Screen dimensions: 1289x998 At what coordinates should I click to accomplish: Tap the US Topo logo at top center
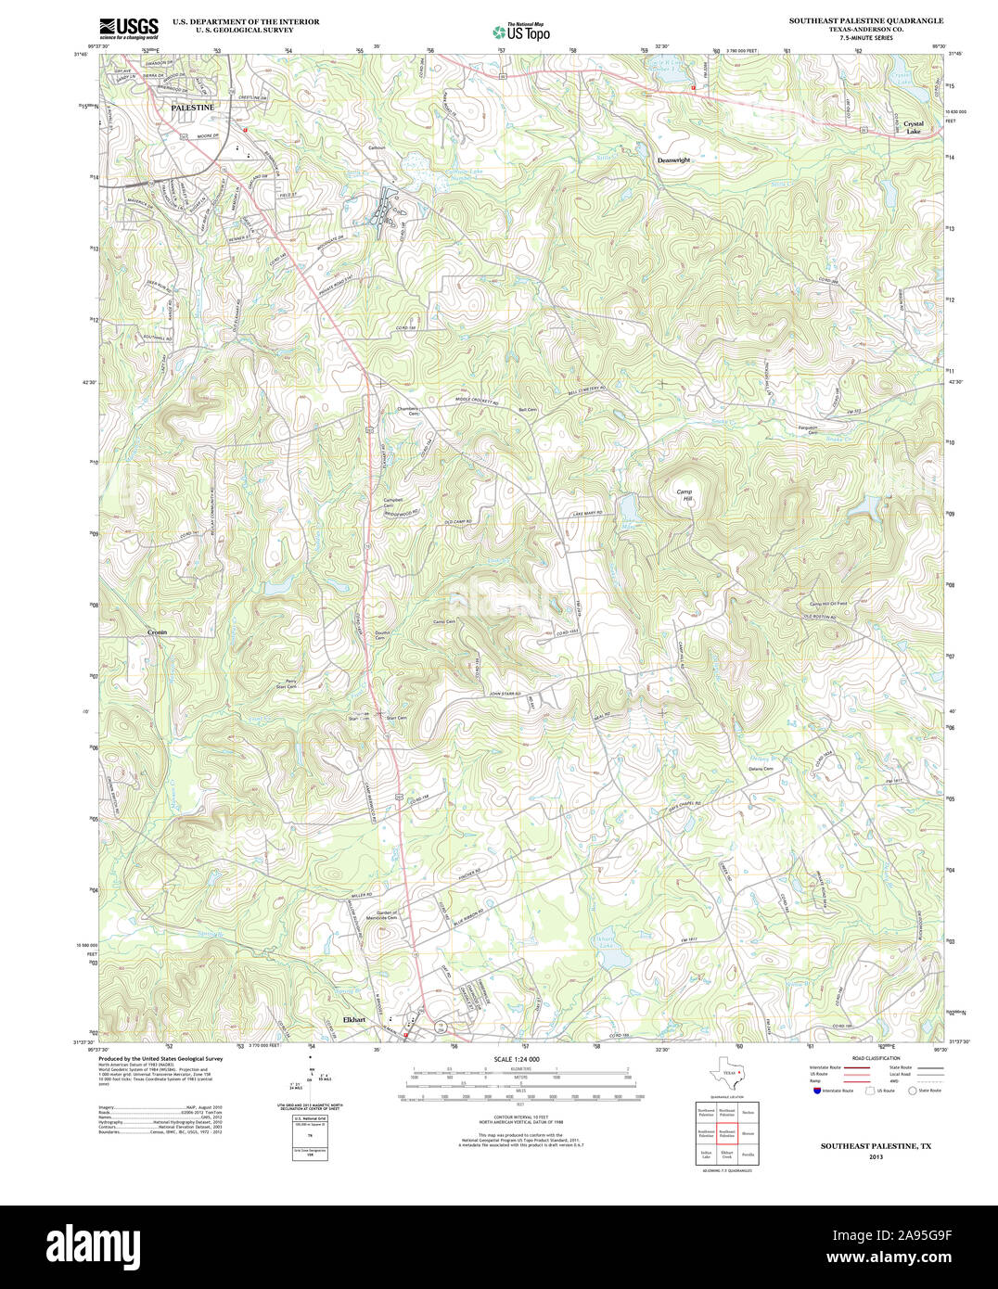click(521, 32)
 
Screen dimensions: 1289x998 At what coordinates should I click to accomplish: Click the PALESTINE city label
click(192, 108)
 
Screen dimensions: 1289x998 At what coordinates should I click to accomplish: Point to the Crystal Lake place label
click(913, 128)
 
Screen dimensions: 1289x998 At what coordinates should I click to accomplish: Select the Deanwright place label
click(674, 160)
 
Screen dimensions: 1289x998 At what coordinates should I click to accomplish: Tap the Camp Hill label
click(685, 495)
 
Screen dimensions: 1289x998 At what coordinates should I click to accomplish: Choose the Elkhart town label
click(354, 1019)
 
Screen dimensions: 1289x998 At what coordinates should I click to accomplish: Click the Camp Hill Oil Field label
click(828, 604)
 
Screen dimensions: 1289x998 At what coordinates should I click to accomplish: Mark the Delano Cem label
click(761, 769)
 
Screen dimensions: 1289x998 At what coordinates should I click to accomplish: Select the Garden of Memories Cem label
click(379, 916)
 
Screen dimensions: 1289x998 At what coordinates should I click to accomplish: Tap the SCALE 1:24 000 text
click(517, 1059)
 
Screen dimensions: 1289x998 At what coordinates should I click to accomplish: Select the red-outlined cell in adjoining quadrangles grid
click(726, 1133)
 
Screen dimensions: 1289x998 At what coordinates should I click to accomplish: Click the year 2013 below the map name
click(876, 1156)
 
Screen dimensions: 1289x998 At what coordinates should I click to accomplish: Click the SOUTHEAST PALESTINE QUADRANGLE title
click(866, 20)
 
